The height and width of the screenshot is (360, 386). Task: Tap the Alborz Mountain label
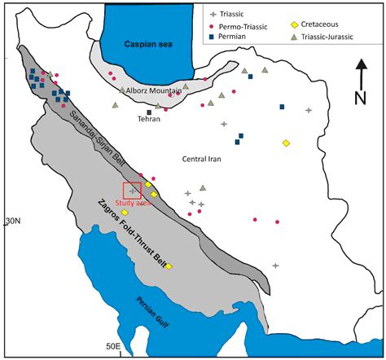156,92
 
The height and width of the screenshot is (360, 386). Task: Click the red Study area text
129,204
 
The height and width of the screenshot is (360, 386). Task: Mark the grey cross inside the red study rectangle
134,191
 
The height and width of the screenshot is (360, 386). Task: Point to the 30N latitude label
11,221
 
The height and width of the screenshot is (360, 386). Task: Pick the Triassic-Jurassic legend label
333,37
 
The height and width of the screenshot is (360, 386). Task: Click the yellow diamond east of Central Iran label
286,143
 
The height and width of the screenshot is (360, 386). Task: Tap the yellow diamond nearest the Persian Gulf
169,266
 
